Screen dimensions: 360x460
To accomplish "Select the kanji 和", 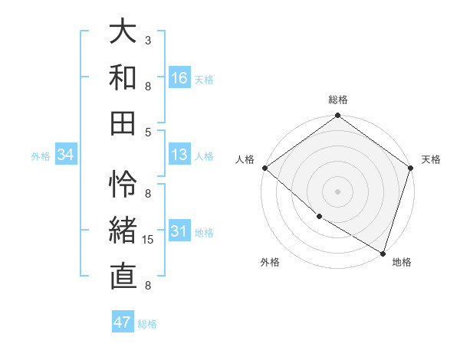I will pos(123,77).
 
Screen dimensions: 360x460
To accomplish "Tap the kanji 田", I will pos(123,123).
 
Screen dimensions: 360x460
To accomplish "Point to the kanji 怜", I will pos(123,184).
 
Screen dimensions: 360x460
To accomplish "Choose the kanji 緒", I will pos(123,231).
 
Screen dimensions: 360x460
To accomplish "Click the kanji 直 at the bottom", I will pos(123,277).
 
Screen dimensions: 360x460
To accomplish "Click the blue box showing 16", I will pos(179,78).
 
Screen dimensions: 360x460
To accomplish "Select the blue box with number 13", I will pos(179,155).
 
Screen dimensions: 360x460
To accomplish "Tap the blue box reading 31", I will pos(179,232).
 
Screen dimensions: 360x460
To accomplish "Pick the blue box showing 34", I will pos(66,155).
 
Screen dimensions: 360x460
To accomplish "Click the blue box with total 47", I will pos(123,322).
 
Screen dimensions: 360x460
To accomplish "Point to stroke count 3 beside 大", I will pos(147,39).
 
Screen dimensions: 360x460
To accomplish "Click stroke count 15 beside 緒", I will pos(149,240).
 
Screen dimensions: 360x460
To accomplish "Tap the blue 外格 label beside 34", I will pos(41,156).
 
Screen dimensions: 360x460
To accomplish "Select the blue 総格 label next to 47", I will pos(147,324).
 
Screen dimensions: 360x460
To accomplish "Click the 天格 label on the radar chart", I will pos(431,159).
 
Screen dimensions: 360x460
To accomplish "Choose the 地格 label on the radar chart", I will pos(402,262).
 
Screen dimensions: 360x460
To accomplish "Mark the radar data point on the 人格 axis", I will pos(264,168).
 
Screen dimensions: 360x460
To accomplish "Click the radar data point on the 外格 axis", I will pos(318,217).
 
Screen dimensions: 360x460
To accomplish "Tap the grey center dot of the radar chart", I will pos(337,191).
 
